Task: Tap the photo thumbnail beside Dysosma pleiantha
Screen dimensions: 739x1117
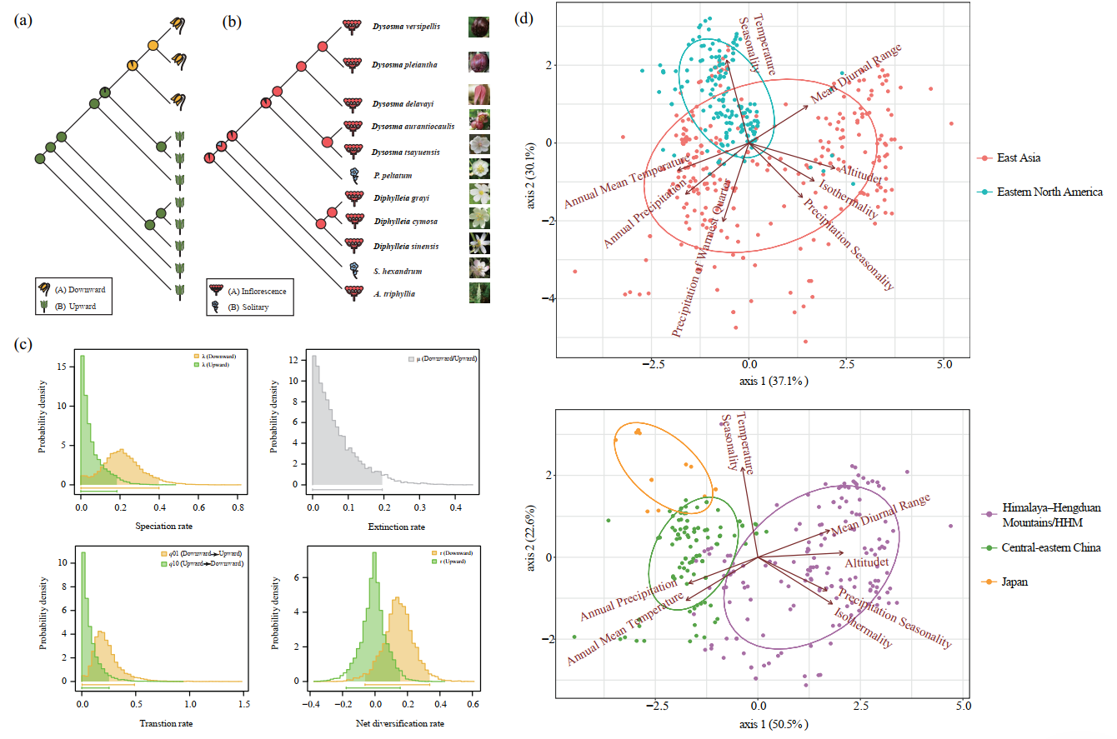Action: click(478, 63)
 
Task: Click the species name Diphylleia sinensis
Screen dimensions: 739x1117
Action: click(406, 247)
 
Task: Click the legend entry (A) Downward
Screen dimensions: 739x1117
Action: click(80, 289)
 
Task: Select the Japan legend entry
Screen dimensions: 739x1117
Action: click(1015, 582)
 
